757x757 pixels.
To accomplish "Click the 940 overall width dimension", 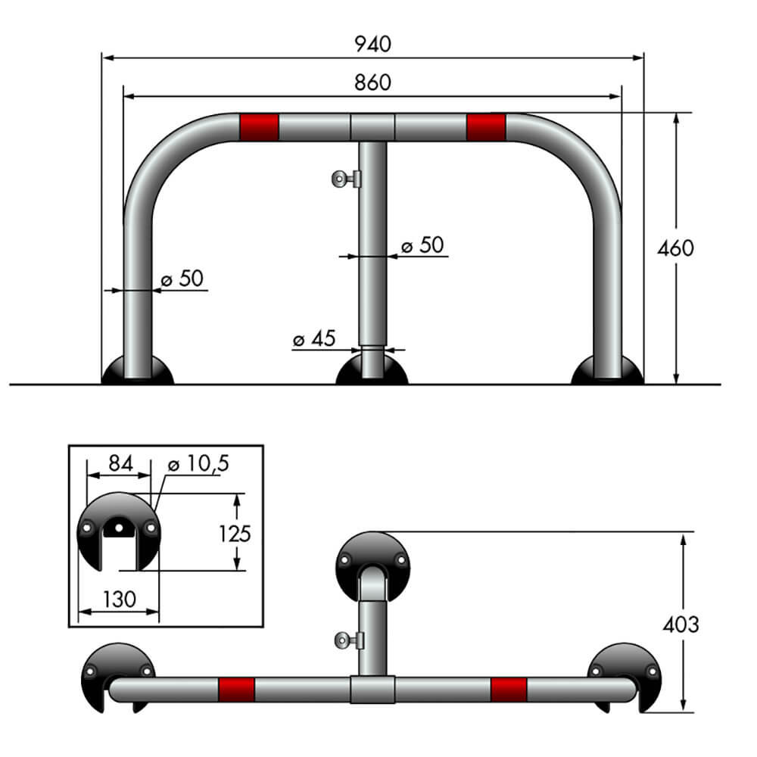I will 373,44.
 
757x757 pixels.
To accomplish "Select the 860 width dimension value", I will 373,83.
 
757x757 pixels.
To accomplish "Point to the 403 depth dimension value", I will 681,624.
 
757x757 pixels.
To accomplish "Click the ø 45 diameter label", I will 313,339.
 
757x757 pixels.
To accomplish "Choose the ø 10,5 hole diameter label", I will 195,464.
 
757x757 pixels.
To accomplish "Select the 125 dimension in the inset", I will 235,533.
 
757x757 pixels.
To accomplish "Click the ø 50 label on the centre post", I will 422,245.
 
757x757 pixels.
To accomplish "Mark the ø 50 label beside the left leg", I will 182,279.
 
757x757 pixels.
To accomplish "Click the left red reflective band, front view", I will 259,127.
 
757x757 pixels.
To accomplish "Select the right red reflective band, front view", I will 486,127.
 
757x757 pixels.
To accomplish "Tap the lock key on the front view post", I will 346,179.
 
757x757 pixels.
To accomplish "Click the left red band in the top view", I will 236,690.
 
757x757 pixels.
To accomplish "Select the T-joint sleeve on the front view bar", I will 372,127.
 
